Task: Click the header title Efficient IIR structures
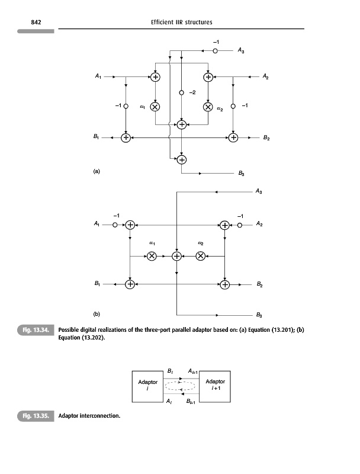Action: tap(181, 23)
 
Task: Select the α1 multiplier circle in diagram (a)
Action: tap(155, 107)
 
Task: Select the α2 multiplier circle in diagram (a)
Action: tap(208, 107)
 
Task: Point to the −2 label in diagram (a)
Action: tap(192, 92)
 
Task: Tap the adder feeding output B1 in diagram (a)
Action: tap(126, 137)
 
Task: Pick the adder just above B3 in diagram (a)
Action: tap(181, 159)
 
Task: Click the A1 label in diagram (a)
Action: tap(98, 76)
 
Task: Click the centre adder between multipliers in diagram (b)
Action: tap(176, 256)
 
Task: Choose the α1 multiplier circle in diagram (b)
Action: tap(152, 256)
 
